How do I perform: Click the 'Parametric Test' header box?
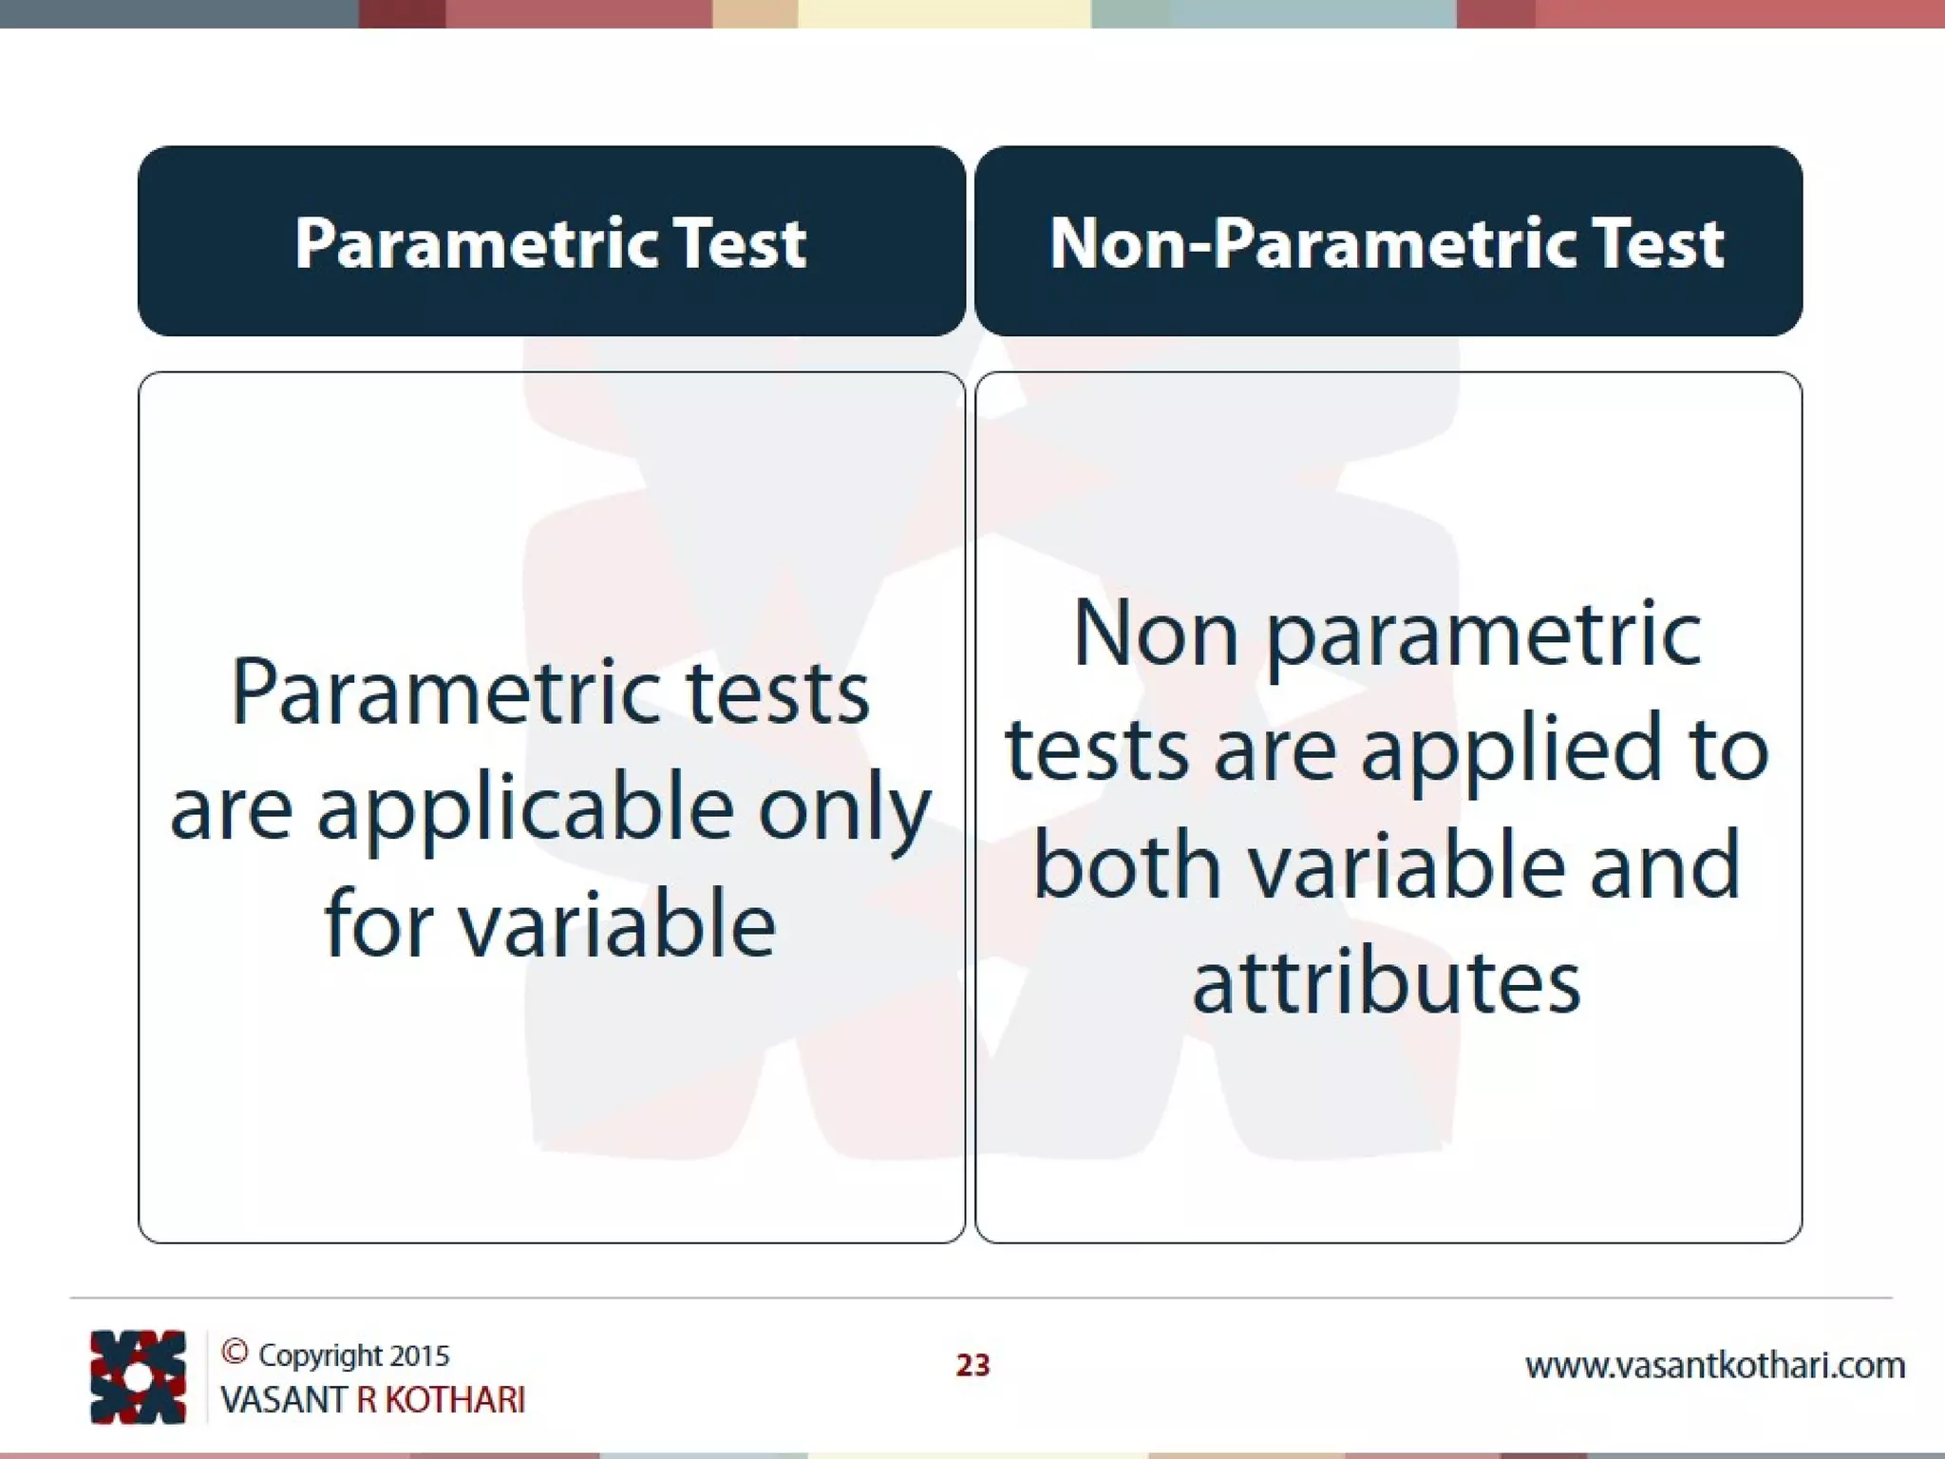(x=551, y=241)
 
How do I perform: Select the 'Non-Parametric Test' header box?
(x=1388, y=241)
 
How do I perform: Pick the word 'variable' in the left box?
(x=617, y=924)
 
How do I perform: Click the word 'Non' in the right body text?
(x=1156, y=635)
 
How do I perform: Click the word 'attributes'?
(x=1387, y=982)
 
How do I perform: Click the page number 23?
(x=972, y=1365)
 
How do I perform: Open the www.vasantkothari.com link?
(x=1714, y=1366)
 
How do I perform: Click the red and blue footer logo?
(x=138, y=1376)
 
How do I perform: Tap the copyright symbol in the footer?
(x=235, y=1352)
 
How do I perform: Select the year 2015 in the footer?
(x=420, y=1355)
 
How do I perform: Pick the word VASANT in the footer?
(x=283, y=1400)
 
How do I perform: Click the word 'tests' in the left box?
(x=778, y=693)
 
